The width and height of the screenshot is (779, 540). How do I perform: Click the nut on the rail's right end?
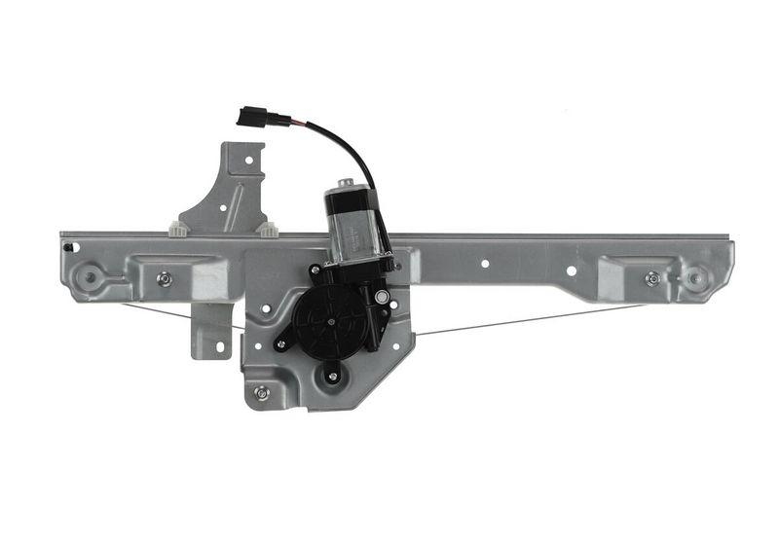pos(652,278)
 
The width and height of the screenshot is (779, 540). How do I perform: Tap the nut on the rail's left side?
pos(165,278)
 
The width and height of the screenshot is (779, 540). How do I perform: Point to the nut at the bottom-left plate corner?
pos(261,393)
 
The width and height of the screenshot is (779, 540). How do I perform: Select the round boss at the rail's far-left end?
pos(91,276)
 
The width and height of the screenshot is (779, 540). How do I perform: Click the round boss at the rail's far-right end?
pos(695,277)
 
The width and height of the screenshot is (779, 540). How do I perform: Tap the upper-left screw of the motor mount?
pos(315,270)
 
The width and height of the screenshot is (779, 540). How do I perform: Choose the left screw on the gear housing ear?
pos(281,343)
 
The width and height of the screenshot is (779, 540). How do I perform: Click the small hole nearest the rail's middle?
pos(485,262)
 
